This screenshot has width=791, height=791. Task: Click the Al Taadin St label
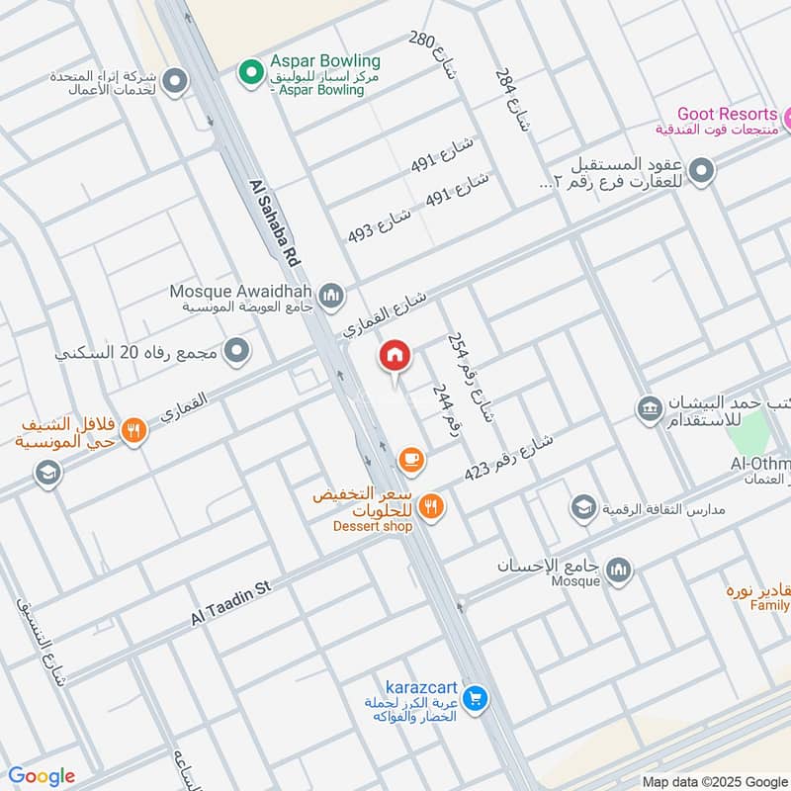click(x=230, y=602)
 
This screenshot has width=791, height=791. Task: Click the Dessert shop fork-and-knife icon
click(x=431, y=506)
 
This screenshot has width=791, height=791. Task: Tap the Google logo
click(x=42, y=776)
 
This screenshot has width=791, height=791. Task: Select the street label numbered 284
click(x=507, y=92)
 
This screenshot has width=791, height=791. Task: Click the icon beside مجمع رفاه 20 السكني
click(x=236, y=350)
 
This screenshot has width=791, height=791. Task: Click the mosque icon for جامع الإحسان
click(x=619, y=571)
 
